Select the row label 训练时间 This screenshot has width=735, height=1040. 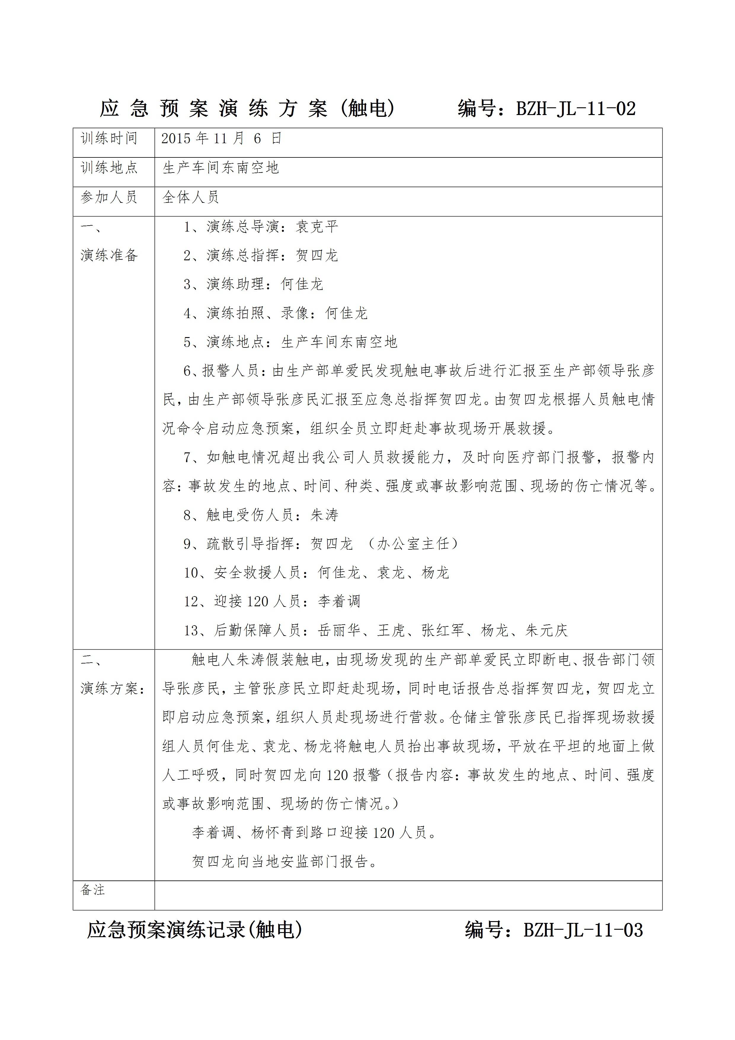tap(109, 139)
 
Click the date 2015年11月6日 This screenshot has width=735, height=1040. tap(221, 139)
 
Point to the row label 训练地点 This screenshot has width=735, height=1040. tap(109, 168)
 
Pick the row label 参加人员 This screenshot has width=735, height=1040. tap(109, 197)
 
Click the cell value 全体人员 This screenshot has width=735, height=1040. tap(191, 197)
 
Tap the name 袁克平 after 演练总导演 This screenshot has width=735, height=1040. tap(317, 226)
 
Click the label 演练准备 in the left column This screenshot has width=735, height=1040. tap(109, 256)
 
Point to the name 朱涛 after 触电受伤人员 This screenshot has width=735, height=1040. tap(324, 515)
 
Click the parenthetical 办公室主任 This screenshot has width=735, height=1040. tap(413, 543)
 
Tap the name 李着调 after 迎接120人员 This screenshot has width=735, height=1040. tap(339, 602)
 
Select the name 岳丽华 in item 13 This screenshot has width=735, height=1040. tap(339, 631)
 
